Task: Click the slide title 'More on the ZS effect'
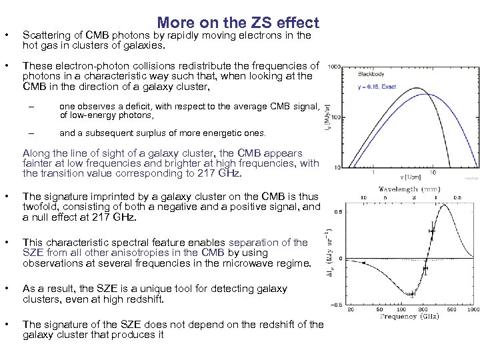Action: click(238, 23)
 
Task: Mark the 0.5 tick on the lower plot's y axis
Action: click(339, 212)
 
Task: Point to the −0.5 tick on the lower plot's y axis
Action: click(337, 305)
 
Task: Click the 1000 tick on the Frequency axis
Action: click(473, 310)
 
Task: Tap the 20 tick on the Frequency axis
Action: click(351, 310)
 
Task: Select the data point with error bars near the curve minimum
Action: click(412, 294)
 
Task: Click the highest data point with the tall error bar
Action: click(432, 231)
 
